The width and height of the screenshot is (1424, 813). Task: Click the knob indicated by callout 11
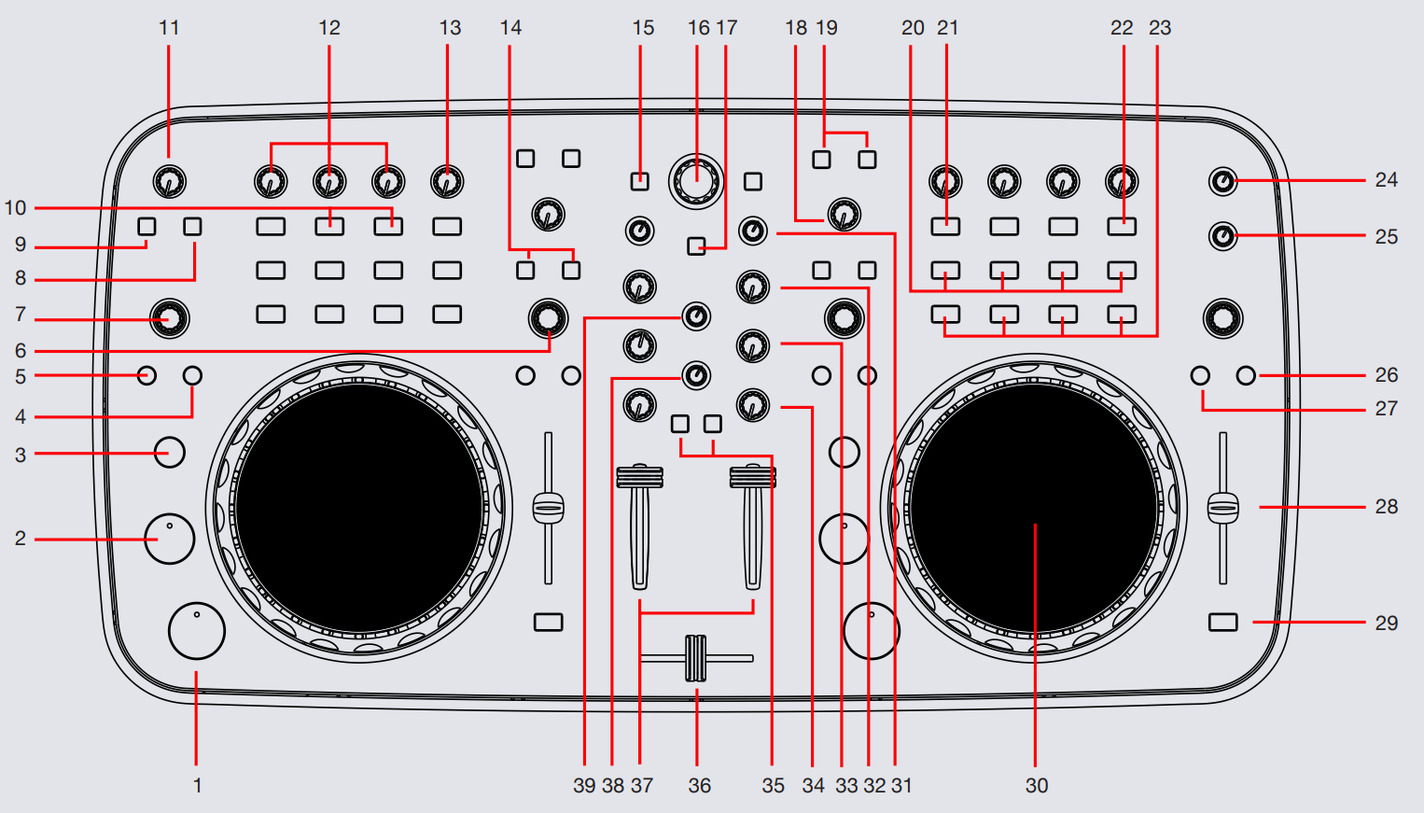coord(169,181)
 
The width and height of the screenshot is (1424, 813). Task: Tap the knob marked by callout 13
coord(447,181)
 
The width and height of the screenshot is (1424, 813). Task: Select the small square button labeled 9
coord(147,226)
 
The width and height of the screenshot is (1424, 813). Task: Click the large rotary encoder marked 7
coord(169,318)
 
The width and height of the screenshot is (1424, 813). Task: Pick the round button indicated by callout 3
coord(169,453)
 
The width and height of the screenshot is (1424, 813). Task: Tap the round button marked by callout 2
coord(170,539)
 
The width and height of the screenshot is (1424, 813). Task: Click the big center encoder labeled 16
coord(696,180)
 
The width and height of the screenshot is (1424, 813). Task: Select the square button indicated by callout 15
coord(639,181)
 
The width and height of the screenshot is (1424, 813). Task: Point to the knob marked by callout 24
coord(1222,181)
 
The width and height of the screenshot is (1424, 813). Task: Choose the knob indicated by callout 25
coord(1222,235)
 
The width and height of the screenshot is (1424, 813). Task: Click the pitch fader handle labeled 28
coord(1222,508)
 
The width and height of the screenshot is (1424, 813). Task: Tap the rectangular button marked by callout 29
coord(1222,622)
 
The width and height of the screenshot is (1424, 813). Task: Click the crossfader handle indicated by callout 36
coord(696,658)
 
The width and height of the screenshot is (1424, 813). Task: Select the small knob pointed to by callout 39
coord(696,316)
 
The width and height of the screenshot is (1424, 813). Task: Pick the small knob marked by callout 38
coord(696,375)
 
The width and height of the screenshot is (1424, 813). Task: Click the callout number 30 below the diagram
coord(1036,786)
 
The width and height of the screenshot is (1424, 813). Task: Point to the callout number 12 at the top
coord(329,28)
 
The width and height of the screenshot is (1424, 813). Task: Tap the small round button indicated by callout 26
coord(1246,375)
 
